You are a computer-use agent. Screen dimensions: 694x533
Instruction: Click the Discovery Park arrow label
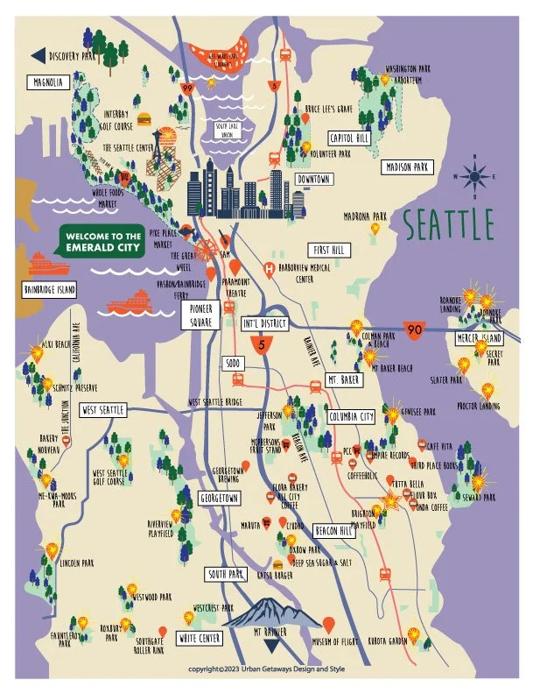click(x=64, y=56)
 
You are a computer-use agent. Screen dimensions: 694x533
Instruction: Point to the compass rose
click(x=477, y=176)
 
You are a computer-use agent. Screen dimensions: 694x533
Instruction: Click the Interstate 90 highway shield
click(x=415, y=330)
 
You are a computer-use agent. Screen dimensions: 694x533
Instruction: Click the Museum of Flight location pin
click(x=329, y=625)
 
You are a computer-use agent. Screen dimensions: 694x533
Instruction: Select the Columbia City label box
click(x=351, y=416)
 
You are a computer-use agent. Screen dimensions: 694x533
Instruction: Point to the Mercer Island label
click(x=478, y=338)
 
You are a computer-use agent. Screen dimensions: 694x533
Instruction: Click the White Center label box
click(x=200, y=638)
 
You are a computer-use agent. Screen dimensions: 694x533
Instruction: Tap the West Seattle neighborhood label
click(x=104, y=409)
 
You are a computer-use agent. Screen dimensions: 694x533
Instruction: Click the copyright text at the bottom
click(x=265, y=669)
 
